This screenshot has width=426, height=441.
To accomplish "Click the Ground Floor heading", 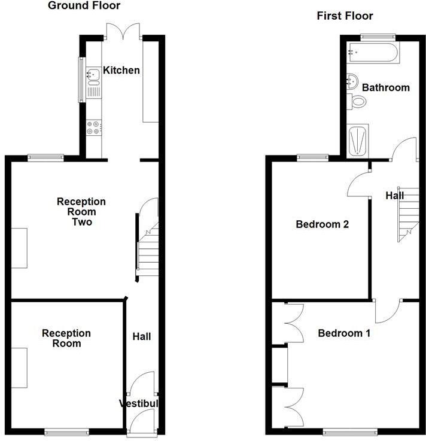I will pyautogui.click(x=84, y=6).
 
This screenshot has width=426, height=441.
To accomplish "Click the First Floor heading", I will pyautogui.click(x=345, y=16).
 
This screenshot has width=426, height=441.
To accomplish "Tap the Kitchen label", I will pyautogui.click(x=121, y=71).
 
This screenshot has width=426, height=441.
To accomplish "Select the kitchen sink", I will pyautogui.click(x=93, y=75).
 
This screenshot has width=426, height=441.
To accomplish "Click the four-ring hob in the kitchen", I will pyautogui.click(x=94, y=127).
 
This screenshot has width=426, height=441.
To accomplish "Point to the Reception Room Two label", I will pyautogui.click(x=81, y=212).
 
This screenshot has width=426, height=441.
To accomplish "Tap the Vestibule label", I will pyautogui.click(x=139, y=403).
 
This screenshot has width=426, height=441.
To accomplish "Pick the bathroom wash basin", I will pyautogui.click(x=352, y=80).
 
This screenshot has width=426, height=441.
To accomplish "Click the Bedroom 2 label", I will pyautogui.click(x=322, y=225).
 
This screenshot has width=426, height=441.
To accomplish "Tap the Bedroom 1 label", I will pyautogui.click(x=344, y=333).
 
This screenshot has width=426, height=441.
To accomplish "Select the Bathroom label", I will pyautogui.click(x=386, y=88).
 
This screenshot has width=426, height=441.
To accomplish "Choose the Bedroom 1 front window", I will pyautogui.click(x=350, y=431).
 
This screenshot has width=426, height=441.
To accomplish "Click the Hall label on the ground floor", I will pyautogui.click(x=141, y=337).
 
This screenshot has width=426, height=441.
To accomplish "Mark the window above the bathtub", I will pyautogui.click(x=378, y=38).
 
